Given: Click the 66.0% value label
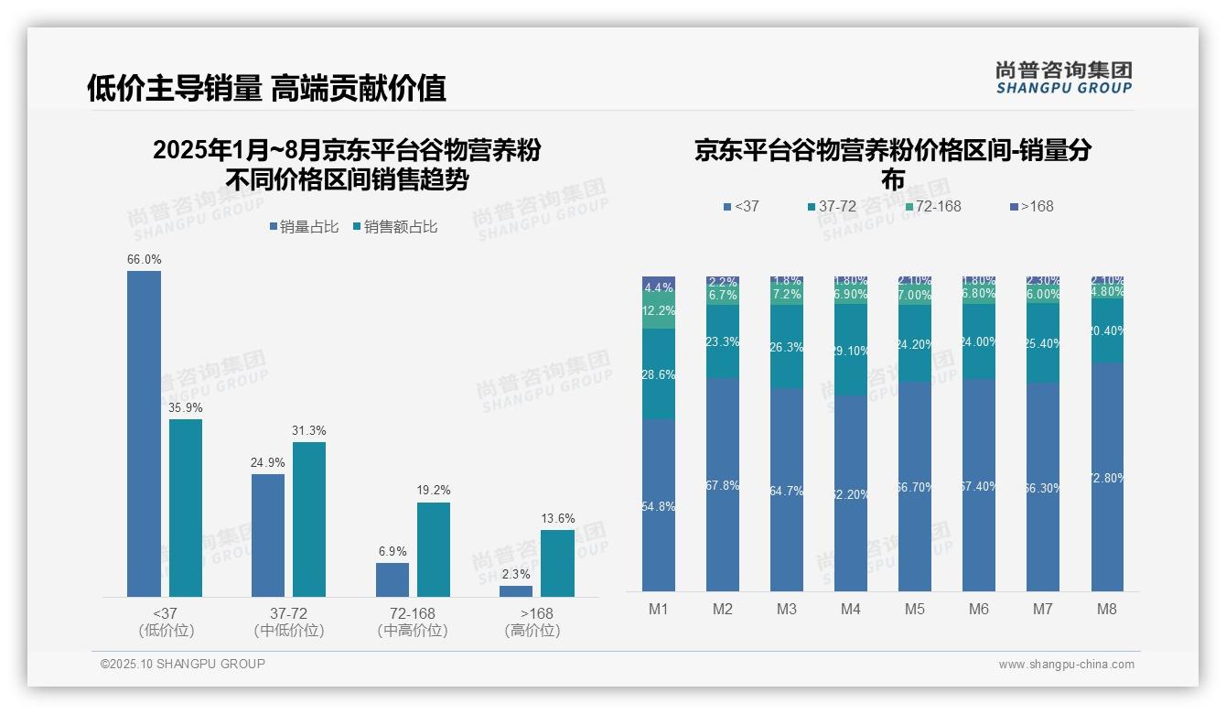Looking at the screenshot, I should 144,260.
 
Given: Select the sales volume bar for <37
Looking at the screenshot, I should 144,434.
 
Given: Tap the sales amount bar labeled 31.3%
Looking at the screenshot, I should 309,519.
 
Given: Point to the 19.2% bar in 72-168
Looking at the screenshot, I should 434,549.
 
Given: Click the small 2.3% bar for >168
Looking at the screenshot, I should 516,591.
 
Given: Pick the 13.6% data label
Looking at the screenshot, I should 557,519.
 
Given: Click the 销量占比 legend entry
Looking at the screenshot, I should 303,227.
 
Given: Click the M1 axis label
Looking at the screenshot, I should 659,609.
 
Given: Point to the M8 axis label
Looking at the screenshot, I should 1107,609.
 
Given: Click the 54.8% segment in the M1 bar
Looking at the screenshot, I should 659,505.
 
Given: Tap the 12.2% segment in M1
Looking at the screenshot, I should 659,311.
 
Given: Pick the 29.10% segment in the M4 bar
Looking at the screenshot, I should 851,350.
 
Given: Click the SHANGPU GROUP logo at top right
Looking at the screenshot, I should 1063,78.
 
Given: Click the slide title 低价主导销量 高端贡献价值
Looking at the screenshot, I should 266,88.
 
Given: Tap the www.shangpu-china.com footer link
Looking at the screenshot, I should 1066,665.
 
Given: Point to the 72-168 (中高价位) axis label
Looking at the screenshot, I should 412,622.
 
